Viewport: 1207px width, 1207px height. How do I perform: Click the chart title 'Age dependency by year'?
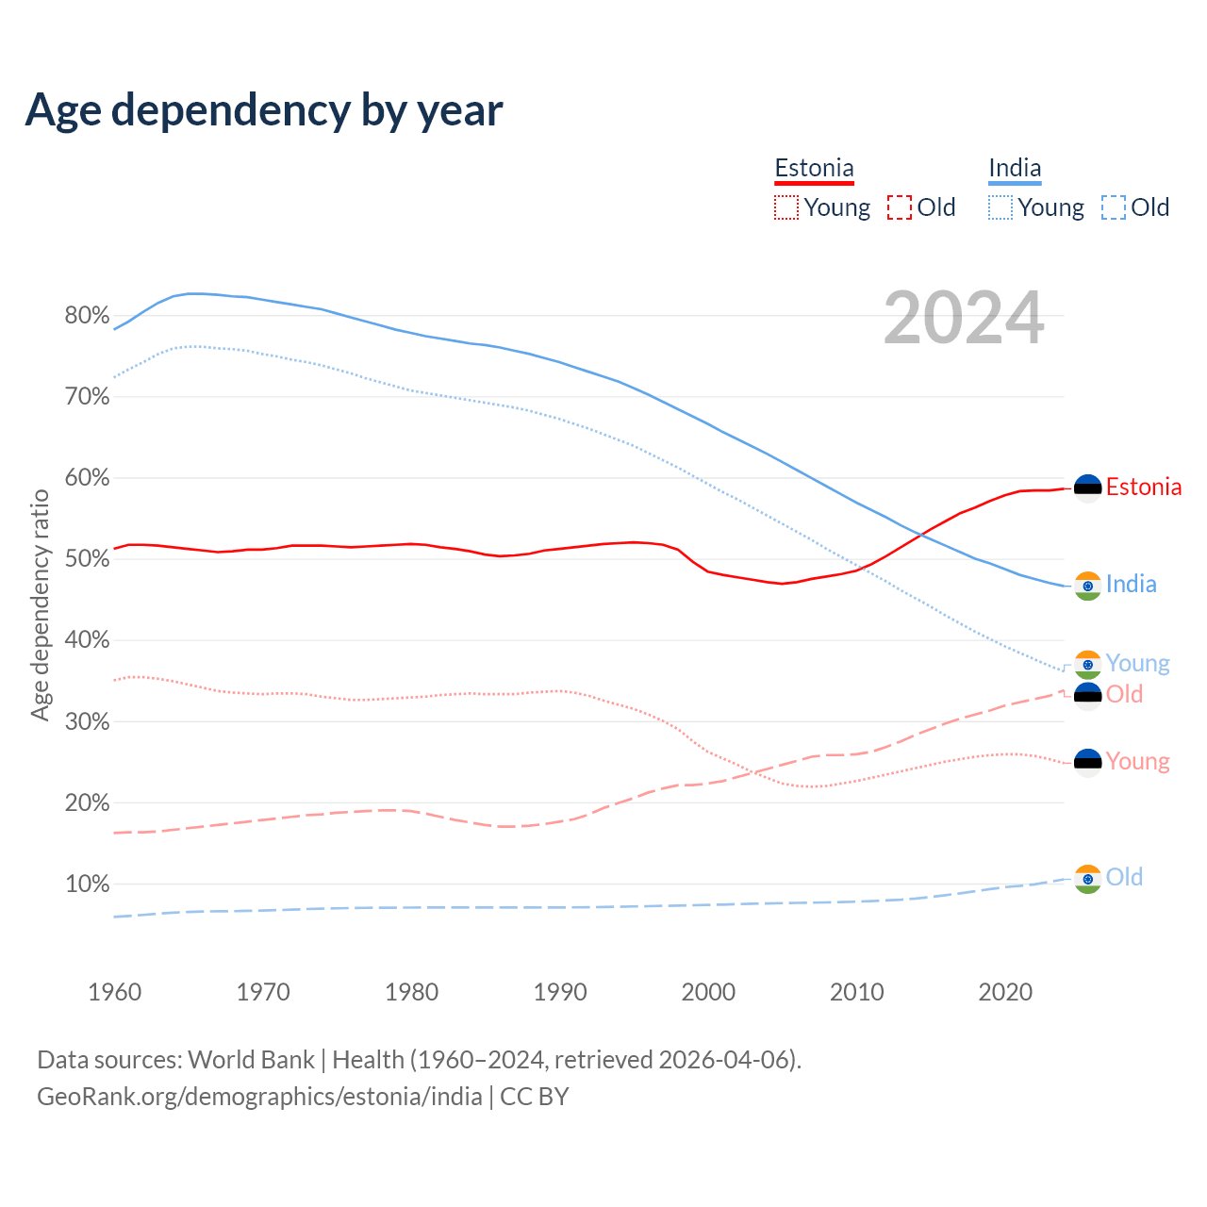(x=264, y=110)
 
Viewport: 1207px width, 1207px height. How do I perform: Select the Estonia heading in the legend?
(x=814, y=169)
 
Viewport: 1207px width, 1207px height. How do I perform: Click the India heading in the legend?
(x=1015, y=169)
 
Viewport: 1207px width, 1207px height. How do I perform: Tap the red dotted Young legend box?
(x=785, y=207)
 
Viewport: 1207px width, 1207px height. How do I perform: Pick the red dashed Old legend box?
(x=900, y=207)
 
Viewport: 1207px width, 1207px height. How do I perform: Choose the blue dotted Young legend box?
(x=1000, y=207)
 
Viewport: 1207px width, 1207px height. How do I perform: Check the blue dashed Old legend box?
(x=1114, y=207)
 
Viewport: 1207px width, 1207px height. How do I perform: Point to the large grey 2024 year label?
(x=964, y=318)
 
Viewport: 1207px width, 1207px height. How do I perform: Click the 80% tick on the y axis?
(x=87, y=316)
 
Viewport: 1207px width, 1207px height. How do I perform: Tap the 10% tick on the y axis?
(x=87, y=885)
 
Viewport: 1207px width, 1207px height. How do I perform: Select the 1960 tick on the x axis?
(x=114, y=992)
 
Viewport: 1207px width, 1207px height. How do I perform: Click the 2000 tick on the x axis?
(x=708, y=992)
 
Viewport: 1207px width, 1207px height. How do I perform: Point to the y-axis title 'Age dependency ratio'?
(x=40, y=604)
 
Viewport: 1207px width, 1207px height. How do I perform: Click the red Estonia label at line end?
(x=1143, y=487)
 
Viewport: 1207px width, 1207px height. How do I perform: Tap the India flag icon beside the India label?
(x=1088, y=586)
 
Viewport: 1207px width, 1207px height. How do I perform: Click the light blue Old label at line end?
(x=1124, y=877)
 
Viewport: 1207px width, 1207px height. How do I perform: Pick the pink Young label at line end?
(x=1137, y=761)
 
